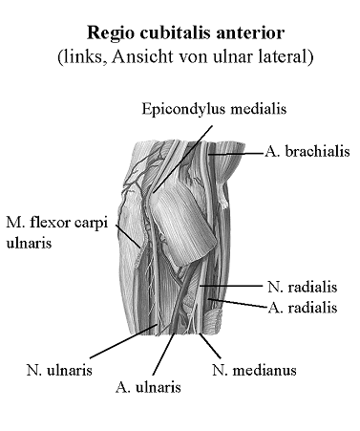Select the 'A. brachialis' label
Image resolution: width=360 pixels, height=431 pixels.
(307, 151)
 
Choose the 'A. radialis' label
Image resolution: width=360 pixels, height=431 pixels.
(303, 307)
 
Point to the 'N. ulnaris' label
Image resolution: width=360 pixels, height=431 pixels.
(59, 369)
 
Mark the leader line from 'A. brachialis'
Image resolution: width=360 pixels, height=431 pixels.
(239, 152)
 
